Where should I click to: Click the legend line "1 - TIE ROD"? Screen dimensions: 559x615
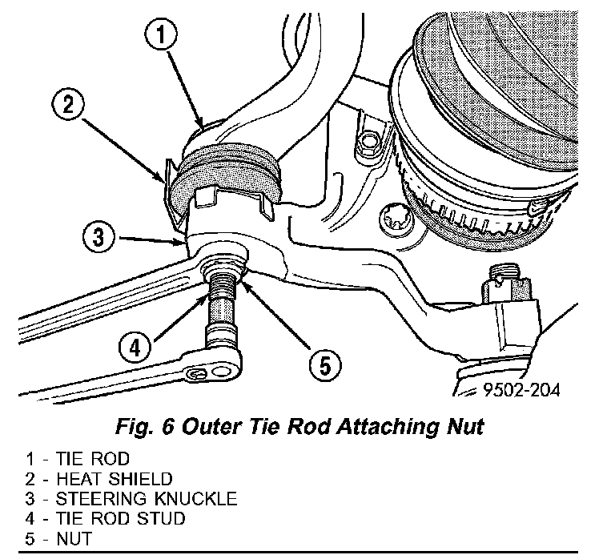tap(78, 460)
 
